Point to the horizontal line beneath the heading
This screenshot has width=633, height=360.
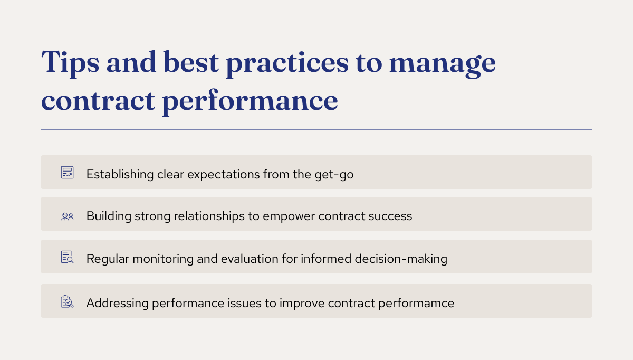(316, 129)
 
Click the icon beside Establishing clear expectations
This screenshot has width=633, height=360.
(67, 173)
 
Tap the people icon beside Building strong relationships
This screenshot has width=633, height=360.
(67, 216)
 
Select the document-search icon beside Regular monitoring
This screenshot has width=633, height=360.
(67, 257)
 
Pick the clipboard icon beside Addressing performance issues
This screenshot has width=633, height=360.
(67, 301)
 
